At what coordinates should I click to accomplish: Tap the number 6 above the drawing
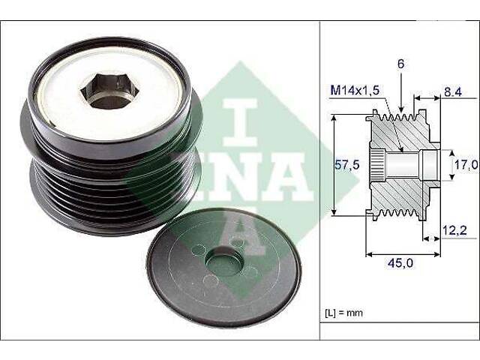401,65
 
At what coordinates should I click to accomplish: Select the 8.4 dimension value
452,93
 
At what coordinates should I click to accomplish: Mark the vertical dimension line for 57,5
333,165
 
